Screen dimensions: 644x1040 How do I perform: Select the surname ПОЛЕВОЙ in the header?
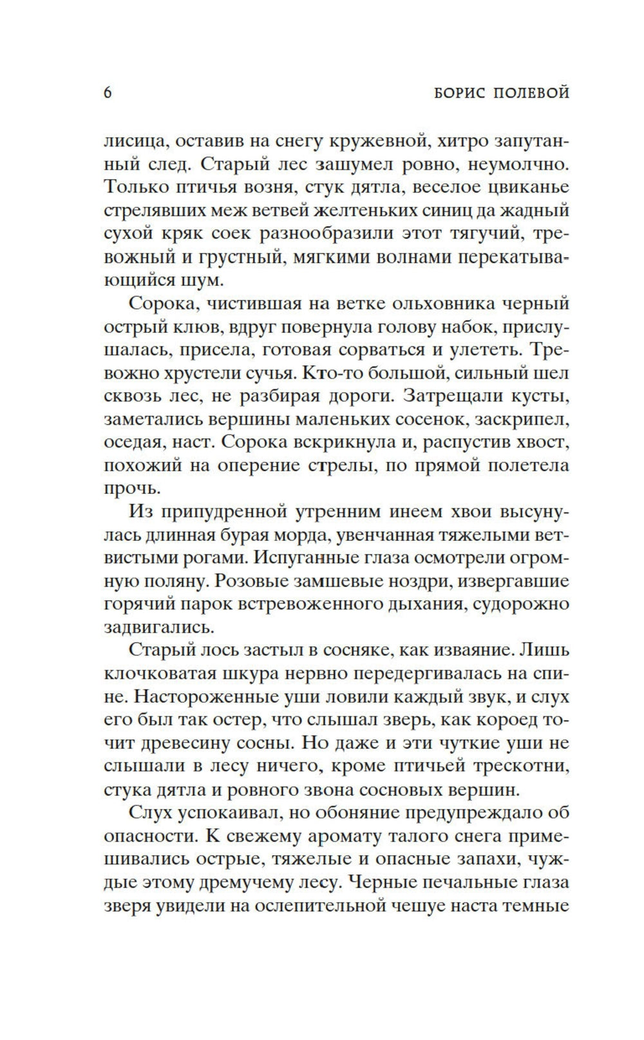[532, 93]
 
